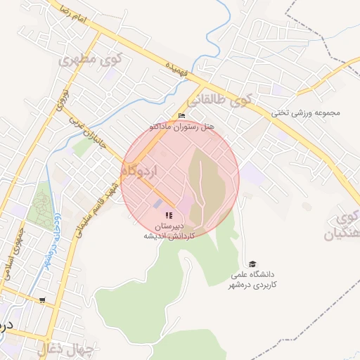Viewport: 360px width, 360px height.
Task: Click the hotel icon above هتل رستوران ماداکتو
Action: point(182,116)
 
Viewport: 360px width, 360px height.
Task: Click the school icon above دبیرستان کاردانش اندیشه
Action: point(168,215)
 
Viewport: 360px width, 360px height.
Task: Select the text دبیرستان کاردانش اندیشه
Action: point(169,231)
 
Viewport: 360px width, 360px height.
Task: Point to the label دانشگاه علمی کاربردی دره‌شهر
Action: point(254,278)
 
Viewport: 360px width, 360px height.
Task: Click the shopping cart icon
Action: point(44,300)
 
